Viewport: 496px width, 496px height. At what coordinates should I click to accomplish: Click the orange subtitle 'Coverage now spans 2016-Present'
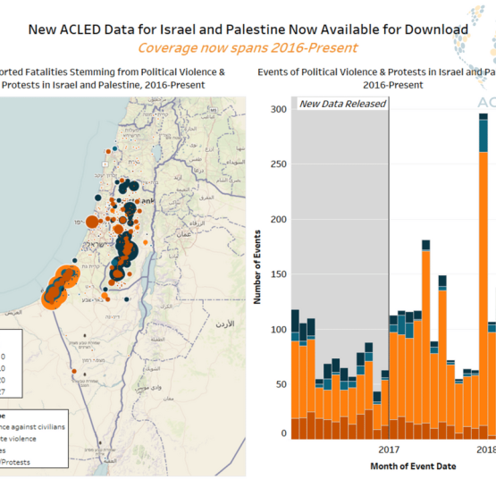(247, 47)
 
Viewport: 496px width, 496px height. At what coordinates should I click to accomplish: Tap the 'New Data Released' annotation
(342, 104)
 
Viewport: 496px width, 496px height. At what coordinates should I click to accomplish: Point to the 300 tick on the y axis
(278, 110)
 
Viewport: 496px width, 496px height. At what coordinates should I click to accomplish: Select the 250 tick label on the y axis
(278, 164)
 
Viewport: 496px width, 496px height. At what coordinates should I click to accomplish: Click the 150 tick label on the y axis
(278, 274)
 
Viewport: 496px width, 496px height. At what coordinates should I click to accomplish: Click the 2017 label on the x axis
(389, 450)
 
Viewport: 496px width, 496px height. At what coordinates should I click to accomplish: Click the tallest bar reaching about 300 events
(484, 268)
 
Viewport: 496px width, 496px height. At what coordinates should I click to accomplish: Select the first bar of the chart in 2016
(296, 375)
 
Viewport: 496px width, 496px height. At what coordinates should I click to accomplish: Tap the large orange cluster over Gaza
(61, 284)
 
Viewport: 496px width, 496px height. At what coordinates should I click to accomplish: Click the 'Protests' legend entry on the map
(36, 462)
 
